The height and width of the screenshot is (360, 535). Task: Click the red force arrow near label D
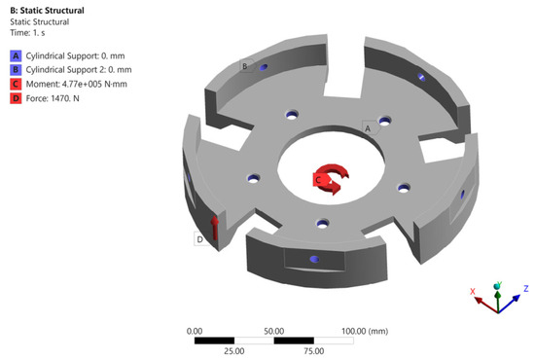215,228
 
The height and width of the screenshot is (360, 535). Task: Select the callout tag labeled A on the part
371,128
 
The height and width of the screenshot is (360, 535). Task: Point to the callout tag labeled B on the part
247,66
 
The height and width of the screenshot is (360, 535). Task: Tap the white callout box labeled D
200,238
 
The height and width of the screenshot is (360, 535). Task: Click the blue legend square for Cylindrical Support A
16,55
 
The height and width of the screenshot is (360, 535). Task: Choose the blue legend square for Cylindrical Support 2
16,70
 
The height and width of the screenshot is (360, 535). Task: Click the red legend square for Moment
16,85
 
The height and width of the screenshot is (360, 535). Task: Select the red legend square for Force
16,98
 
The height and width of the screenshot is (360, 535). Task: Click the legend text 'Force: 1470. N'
53,98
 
